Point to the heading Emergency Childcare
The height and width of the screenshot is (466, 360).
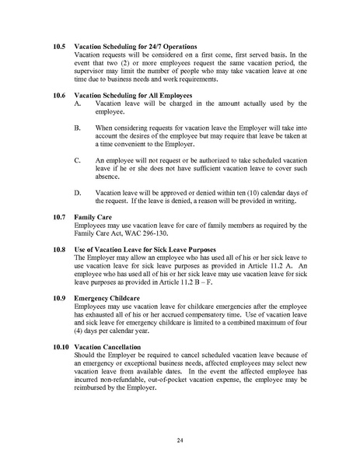click(108, 297)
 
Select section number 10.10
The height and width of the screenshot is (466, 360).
click(58, 345)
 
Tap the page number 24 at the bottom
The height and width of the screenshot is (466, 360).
click(180, 441)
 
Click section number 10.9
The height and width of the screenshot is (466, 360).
click(57, 297)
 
